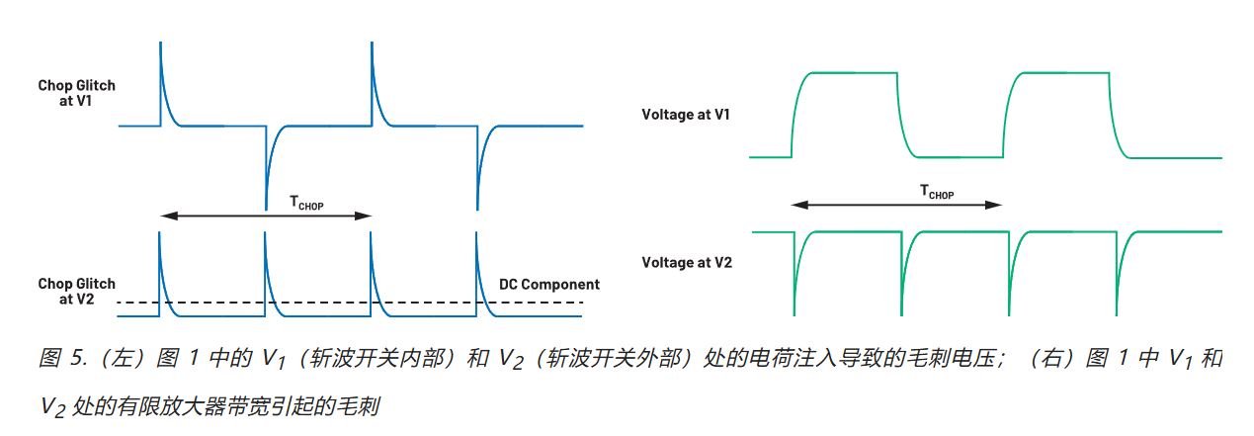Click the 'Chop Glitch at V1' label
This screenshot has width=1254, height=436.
[x=76, y=93]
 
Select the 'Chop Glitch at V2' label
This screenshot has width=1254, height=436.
[x=76, y=292]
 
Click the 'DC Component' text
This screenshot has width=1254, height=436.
[x=549, y=285]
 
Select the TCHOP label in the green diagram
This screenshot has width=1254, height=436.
[x=936, y=193]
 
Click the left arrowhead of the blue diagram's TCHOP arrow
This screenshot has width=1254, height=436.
[x=164, y=215]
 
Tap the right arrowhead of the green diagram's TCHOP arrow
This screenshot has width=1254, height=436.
[x=997, y=205]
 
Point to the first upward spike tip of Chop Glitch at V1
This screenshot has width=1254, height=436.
[x=160, y=45]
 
